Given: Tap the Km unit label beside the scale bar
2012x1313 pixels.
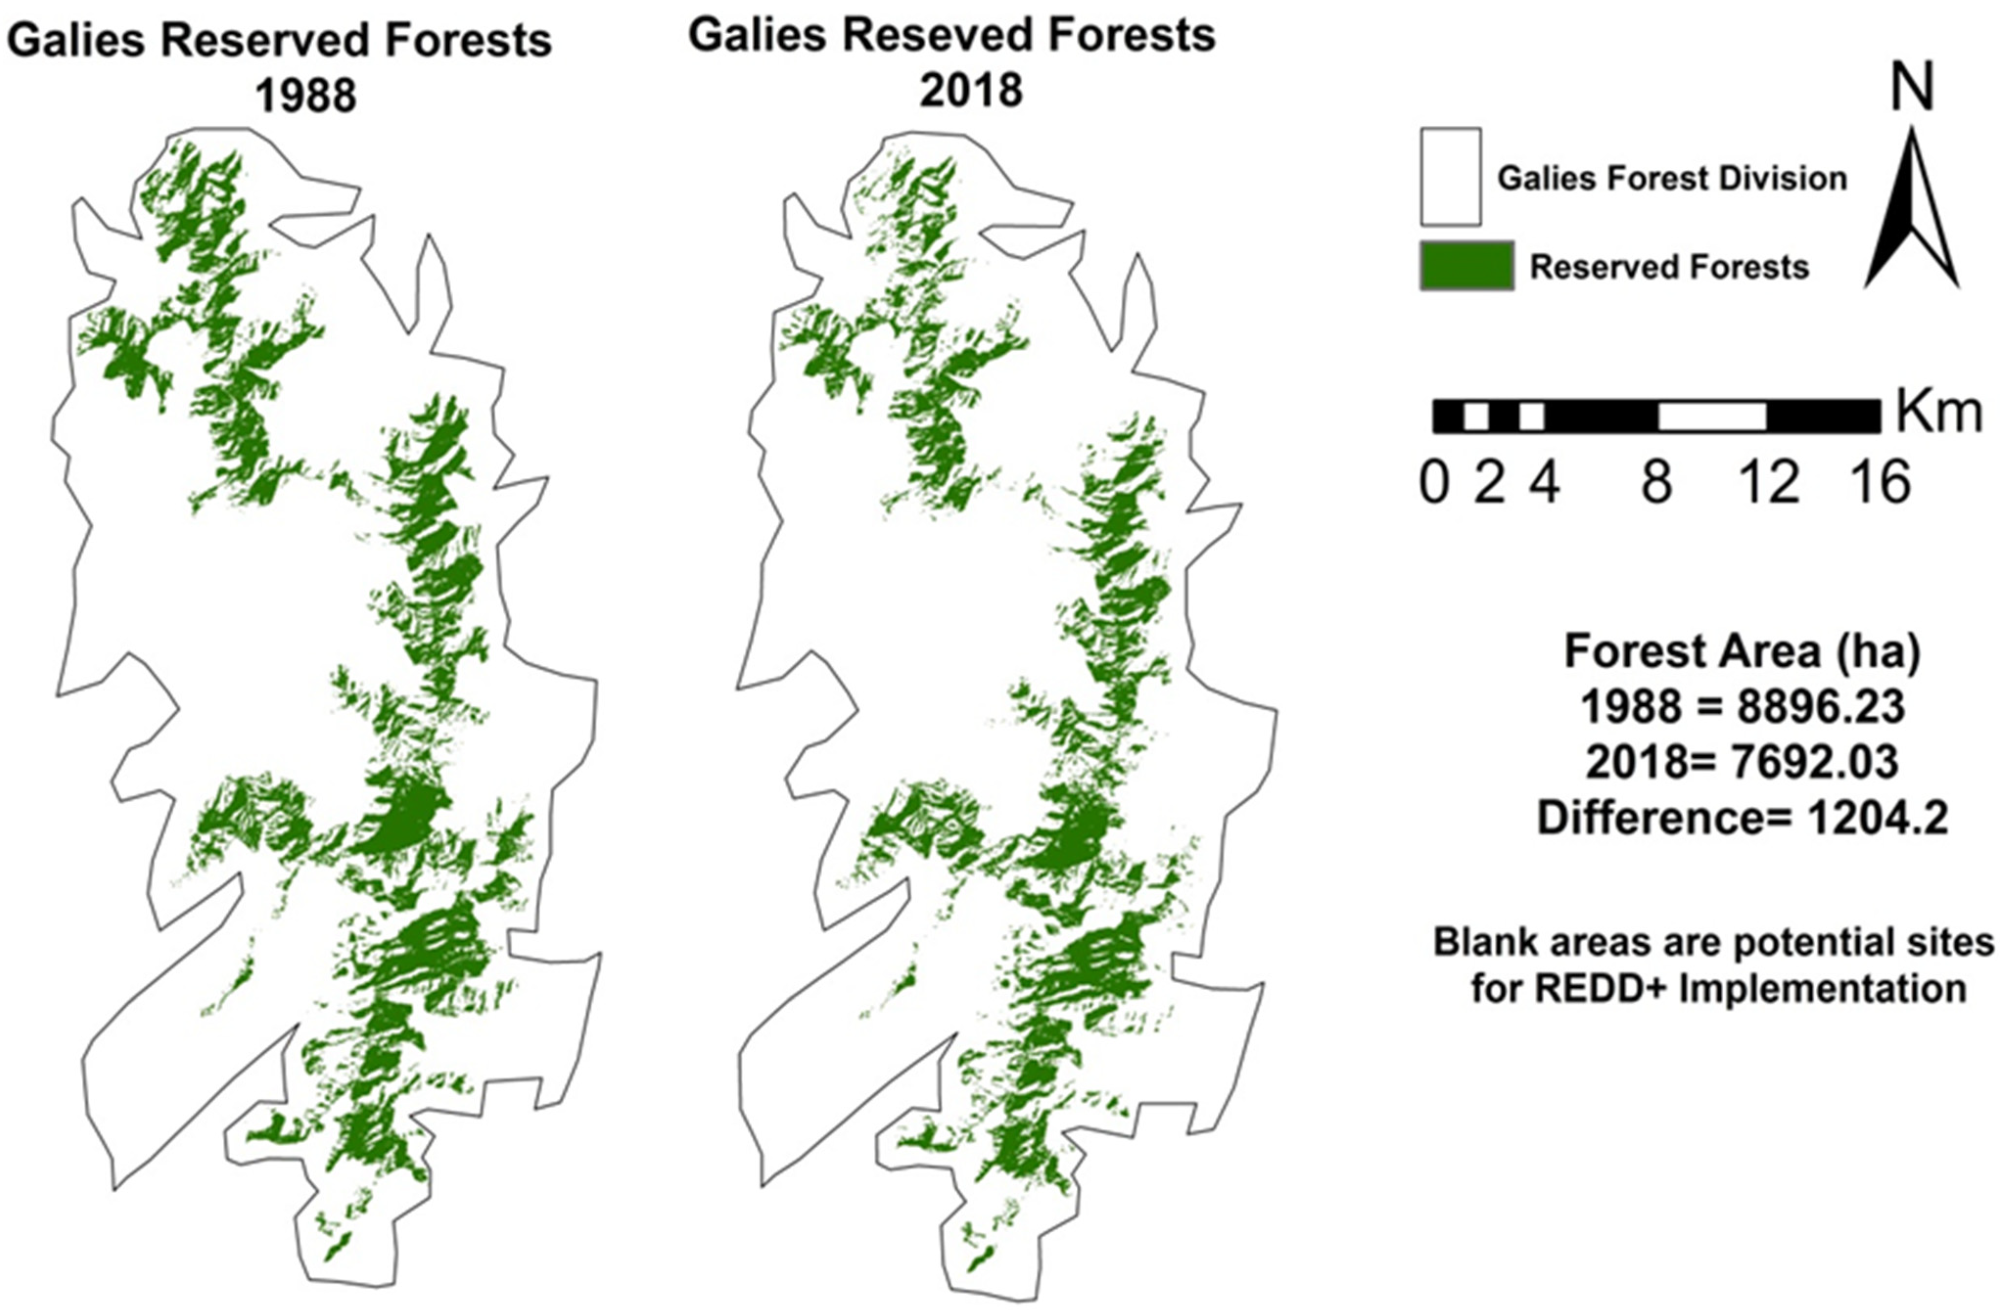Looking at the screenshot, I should click(x=1939, y=413).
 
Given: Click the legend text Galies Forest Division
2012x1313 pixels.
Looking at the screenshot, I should click(x=1671, y=178).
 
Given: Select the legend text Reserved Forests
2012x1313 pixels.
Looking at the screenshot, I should click(x=1669, y=267).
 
